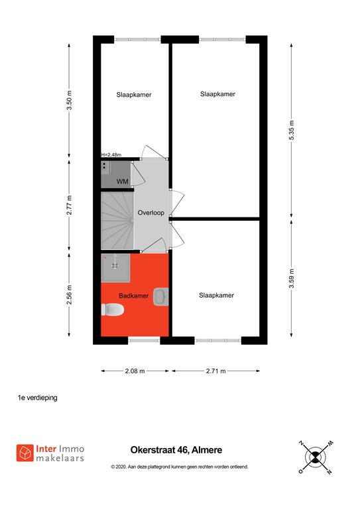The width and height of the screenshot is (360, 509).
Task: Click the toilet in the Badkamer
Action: pyautogui.click(x=112, y=310)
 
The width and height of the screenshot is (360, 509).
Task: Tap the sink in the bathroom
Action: pyautogui.click(x=161, y=296)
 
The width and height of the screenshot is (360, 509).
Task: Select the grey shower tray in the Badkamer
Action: pyautogui.click(x=115, y=268)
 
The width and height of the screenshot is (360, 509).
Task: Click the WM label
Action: pyautogui.click(x=123, y=182)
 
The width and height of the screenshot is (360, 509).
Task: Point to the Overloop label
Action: pyautogui.click(x=151, y=213)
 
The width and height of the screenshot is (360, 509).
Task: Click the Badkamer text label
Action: pyautogui.click(x=134, y=296)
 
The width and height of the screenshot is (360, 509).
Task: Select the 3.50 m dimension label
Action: pyautogui.click(x=69, y=100)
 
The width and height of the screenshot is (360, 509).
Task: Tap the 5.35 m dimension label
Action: pyautogui.click(x=292, y=130)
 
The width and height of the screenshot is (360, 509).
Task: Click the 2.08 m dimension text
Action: pyautogui.click(x=135, y=370)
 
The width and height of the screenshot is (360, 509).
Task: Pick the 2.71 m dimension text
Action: pyautogui.click(x=215, y=370)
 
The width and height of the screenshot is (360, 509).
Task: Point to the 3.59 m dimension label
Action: pyautogui.click(x=292, y=278)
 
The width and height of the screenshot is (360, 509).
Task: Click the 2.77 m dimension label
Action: pyautogui.click(x=69, y=205)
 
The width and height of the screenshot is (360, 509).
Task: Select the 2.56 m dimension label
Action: pyautogui.click(x=69, y=295)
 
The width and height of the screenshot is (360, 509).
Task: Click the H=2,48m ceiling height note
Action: pyautogui.click(x=111, y=154)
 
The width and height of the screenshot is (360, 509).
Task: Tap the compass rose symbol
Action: pyautogui.click(x=315, y=457)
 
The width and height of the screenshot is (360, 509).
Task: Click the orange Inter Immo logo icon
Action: pyautogui.click(x=25, y=453)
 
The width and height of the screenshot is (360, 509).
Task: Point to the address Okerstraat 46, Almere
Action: pyautogui.click(x=176, y=450)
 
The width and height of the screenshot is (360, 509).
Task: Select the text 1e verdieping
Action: pyautogui.click(x=37, y=398)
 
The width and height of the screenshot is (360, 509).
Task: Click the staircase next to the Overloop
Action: pyautogui.click(x=117, y=221)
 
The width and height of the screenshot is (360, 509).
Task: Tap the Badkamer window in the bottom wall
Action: pyautogui.click(x=144, y=340)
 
